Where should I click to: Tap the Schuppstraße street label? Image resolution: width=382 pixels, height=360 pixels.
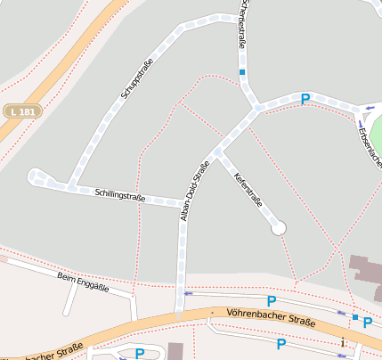[137, 78]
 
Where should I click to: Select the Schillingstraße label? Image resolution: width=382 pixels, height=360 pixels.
[119, 195]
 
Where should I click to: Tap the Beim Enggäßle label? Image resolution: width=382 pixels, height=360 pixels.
[83, 282]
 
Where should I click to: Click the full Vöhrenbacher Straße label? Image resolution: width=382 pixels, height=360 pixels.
[270, 316]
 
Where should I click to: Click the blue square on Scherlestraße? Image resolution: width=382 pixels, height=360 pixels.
[241, 71]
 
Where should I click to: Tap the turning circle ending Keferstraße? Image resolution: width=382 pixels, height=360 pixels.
[279, 228]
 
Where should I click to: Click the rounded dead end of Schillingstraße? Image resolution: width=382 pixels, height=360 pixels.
[35, 176]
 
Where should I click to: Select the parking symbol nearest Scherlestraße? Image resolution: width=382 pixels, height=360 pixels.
[305, 99]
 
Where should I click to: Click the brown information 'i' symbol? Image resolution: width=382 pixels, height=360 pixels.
[343, 342]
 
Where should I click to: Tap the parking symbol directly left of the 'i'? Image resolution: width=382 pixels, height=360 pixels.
[281, 343]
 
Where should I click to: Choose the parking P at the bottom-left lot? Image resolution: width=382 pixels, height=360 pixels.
[139, 354]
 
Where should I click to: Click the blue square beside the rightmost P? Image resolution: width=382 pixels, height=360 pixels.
[354, 317]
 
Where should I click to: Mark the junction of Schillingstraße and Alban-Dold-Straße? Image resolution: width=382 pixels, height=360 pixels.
[183, 204]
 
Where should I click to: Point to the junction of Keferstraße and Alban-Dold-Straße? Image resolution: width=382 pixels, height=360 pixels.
[218, 151]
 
